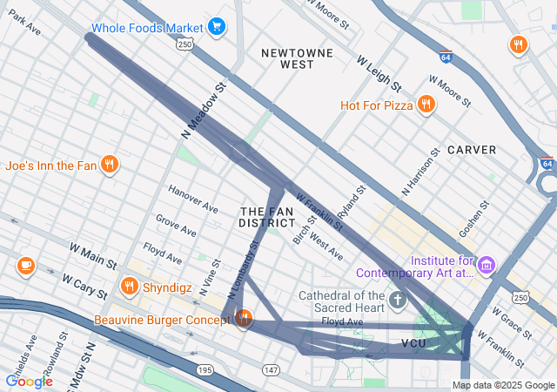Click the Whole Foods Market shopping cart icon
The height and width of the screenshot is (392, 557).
tap(218, 28)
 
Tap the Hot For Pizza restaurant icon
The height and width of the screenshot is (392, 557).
tap(426, 105)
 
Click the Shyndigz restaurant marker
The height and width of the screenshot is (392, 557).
tap(130, 286)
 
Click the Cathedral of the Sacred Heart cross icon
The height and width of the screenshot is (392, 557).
tap(398, 302)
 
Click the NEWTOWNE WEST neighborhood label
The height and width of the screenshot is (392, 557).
tap(298, 58)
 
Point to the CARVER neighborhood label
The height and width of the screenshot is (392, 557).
tap(471, 150)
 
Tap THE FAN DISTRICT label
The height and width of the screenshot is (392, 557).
tap(267, 217)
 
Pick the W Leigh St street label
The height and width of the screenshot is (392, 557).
tap(379, 74)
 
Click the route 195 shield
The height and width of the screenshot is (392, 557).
tap(205, 370)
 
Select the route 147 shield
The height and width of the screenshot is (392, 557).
tap(271, 370)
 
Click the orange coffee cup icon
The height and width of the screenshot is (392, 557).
tap(25, 265)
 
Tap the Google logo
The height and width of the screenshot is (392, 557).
tap(29, 381)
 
